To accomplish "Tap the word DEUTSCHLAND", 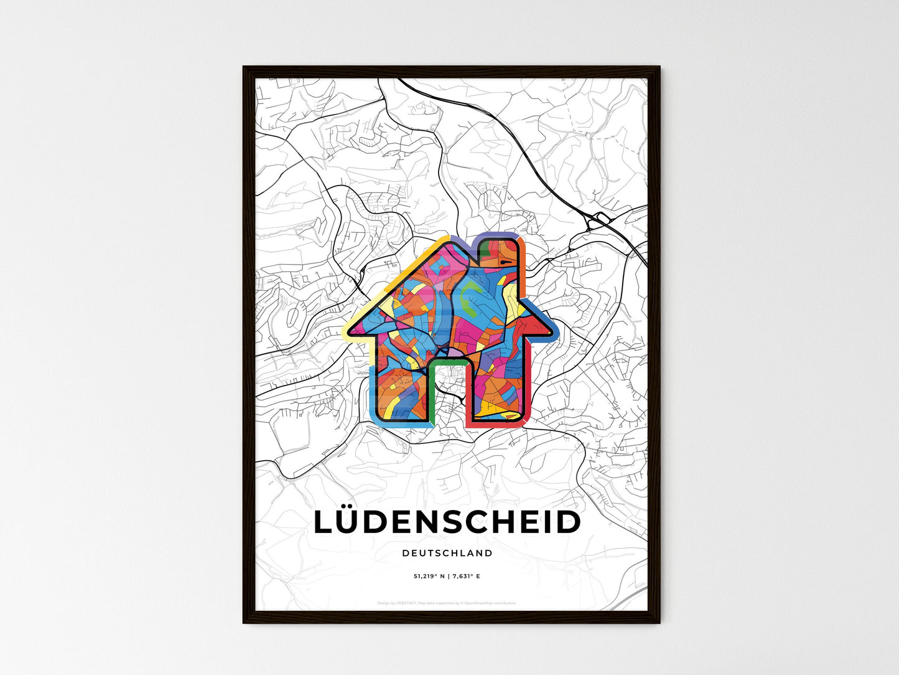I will [x=447, y=553].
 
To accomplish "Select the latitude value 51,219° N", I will [x=428, y=577].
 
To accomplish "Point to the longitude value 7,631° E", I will [x=465, y=577].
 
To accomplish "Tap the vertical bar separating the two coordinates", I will [x=447, y=577].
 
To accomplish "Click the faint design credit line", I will [x=447, y=603].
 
